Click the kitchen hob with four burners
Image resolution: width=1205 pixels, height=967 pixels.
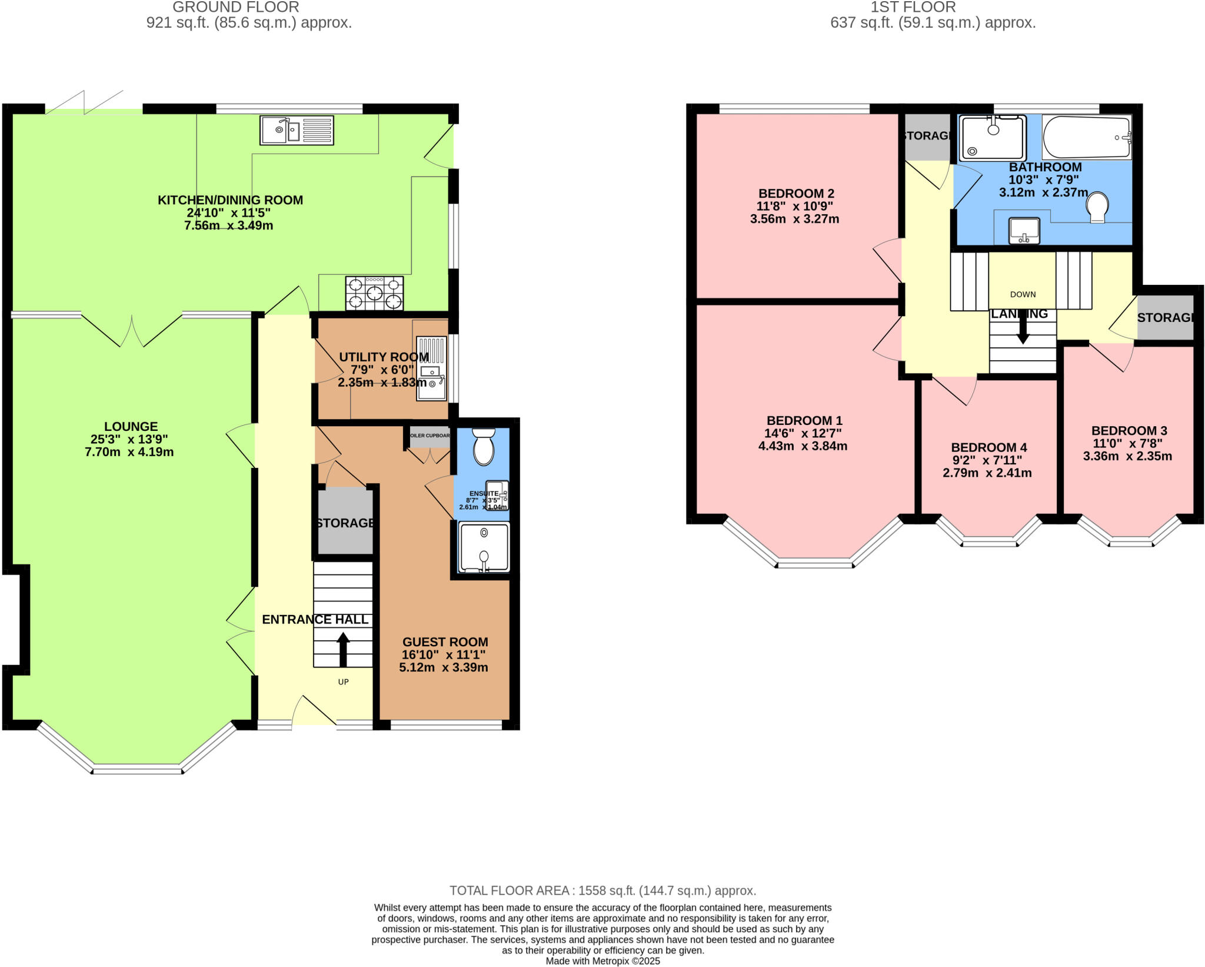pyautogui.click(x=375, y=293)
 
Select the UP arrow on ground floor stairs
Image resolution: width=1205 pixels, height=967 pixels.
pyautogui.click(x=342, y=649)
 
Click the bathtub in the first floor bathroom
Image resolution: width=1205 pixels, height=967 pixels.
pyautogui.click(x=1086, y=137)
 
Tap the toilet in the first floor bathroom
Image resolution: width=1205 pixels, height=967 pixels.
pyautogui.click(x=1097, y=208)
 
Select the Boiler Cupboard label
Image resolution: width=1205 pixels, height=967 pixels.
pyautogui.click(x=430, y=436)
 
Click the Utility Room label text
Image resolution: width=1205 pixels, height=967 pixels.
pyautogui.click(x=384, y=357)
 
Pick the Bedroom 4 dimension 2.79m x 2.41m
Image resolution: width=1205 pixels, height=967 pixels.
pyautogui.click(x=987, y=473)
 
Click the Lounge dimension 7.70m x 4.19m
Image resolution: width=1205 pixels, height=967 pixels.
pyautogui.click(x=129, y=452)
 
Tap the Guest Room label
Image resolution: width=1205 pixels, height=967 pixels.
pyautogui.click(x=445, y=642)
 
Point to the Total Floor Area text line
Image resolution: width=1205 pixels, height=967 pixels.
pyautogui.click(x=602, y=890)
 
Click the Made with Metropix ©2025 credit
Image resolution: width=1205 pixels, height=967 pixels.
pyautogui.click(x=602, y=961)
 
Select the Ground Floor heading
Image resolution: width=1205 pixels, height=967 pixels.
pyautogui.click(x=235, y=7)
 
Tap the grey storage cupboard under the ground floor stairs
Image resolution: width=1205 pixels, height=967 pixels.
pyautogui.click(x=345, y=523)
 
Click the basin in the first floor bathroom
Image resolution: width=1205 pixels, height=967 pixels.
pyautogui.click(x=1024, y=230)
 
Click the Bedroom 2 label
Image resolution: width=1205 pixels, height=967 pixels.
pyautogui.click(x=795, y=193)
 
